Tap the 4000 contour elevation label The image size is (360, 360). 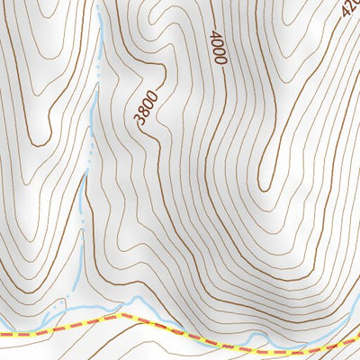216,47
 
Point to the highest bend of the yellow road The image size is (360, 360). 121,316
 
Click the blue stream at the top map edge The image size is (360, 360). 97,4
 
